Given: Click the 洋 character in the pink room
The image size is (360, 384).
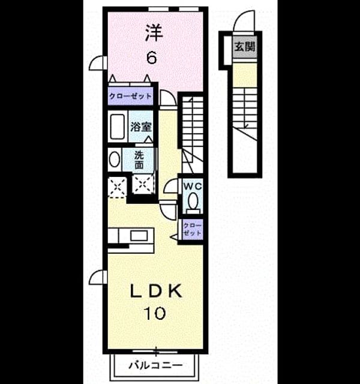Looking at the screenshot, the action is click(x=154, y=32).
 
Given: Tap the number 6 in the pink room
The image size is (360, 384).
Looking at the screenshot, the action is click(x=152, y=58).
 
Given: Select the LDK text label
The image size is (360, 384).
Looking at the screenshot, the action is click(x=156, y=290).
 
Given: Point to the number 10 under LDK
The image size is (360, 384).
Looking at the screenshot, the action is click(x=155, y=313).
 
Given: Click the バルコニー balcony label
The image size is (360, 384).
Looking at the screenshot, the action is click(x=155, y=365).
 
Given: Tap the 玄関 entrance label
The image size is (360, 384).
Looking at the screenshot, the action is click(x=245, y=47).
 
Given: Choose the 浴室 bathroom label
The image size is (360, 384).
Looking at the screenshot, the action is click(x=140, y=127).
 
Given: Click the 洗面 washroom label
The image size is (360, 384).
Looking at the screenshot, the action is click(x=139, y=160).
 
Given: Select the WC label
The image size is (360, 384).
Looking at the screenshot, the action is click(x=193, y=187).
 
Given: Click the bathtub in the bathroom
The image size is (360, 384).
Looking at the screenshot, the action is click(x=118, y=127).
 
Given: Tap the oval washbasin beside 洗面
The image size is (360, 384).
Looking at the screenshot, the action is click(x=115, y=160).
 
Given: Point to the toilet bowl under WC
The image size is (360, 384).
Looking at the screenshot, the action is click(x=193, y=201).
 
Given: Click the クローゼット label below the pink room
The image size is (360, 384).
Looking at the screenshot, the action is click(x=131, y=96).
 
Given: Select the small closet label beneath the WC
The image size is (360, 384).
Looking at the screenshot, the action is click(x=192, y=229).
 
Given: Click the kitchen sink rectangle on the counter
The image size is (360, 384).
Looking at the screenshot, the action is click(x=139, y=236).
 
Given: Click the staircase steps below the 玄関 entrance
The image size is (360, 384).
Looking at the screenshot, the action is click(x=245, y=108).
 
